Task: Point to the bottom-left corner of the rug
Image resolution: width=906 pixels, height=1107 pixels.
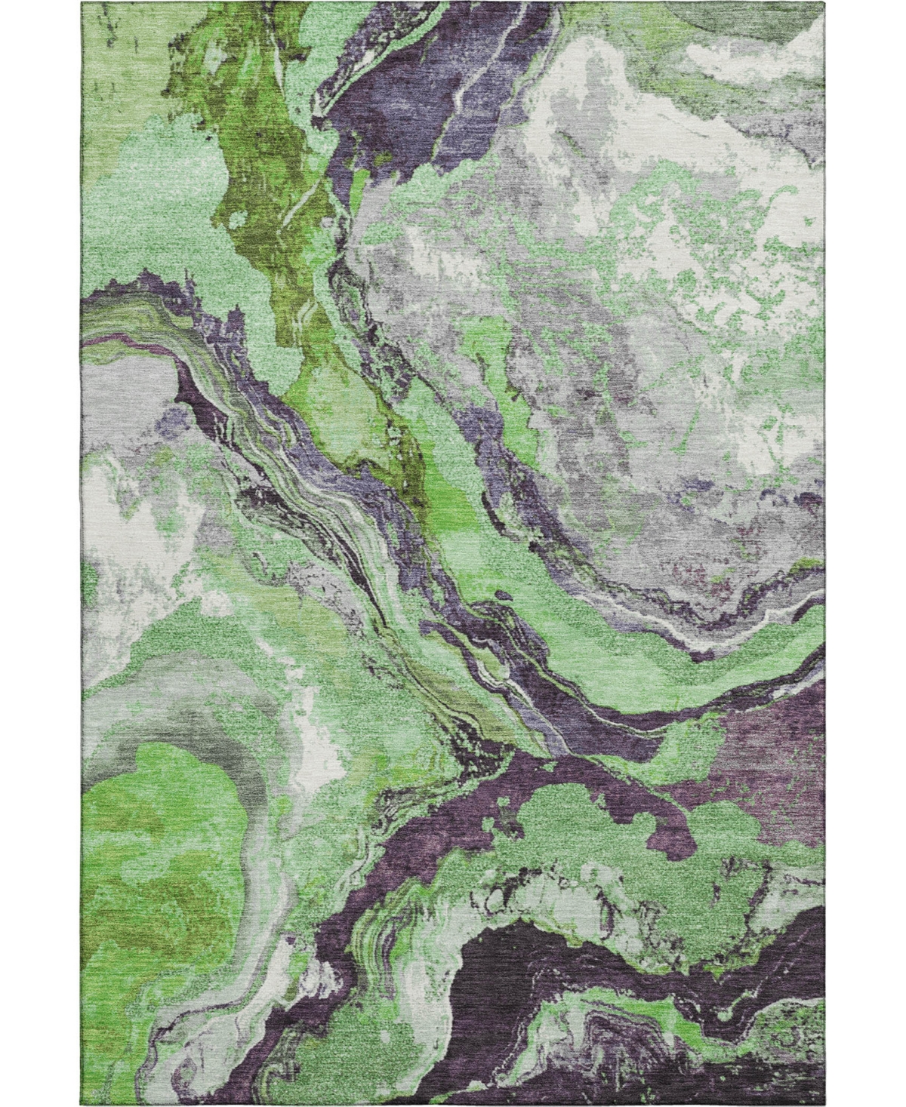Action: (83, 1105)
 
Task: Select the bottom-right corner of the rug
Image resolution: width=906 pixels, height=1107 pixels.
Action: (823, 1105)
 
